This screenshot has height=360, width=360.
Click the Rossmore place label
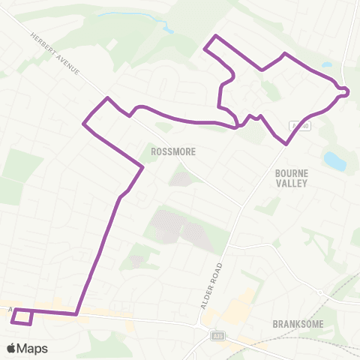click(x=172, y=151)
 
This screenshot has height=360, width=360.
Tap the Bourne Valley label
click(x=292, y=177)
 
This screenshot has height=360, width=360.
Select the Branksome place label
click(x=298, y=324)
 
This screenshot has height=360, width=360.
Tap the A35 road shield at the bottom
click(x=217, y=335)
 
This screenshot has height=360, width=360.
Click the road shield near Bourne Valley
click(x=298, y=125)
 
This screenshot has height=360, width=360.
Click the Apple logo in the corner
click(x=11, y=347)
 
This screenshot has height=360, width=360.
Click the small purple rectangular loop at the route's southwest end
click(x=22, y=317)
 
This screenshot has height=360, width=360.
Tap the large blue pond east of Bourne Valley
click(x=334, y=160)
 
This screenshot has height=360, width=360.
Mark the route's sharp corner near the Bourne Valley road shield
click(x=286, y=144)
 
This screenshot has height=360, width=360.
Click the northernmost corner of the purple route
click(x=216, y=36)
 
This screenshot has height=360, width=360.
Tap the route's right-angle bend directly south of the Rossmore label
click(x=142, y=168)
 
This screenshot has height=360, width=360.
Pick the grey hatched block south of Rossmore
click(x=180, y=225)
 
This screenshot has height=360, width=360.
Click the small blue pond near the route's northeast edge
click(x=326, y=64)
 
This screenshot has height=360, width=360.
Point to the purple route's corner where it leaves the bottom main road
click(x=77, y=314)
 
